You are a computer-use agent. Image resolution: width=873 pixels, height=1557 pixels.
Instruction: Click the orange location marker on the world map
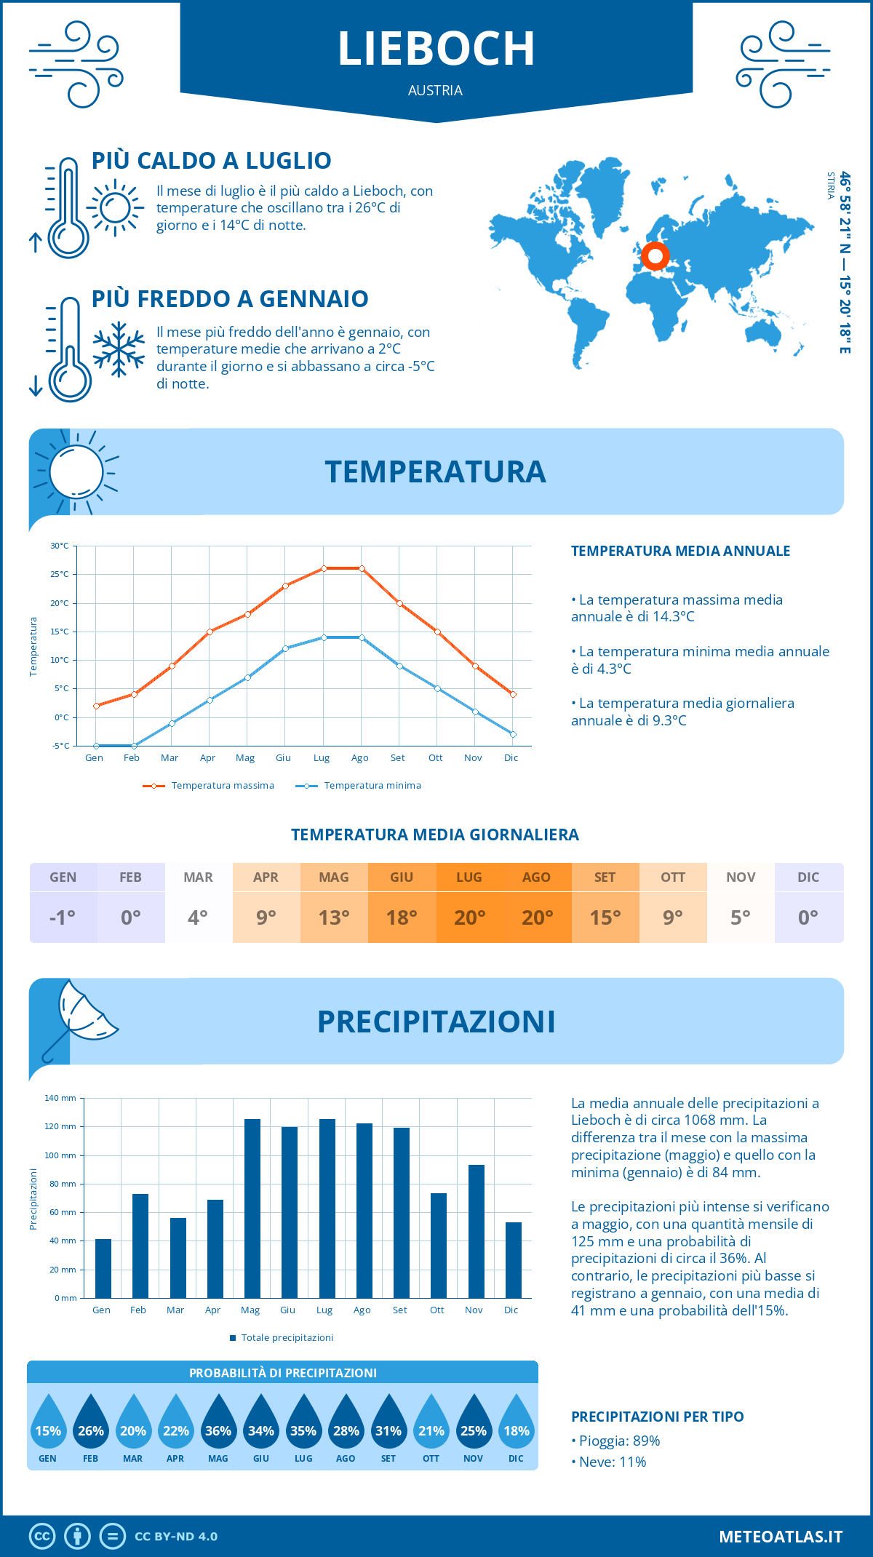[x=655, y=256]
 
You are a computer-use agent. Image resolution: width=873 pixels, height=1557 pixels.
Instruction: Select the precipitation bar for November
[x=476, y=1231]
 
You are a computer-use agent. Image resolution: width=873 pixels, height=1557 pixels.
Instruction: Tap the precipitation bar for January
[x=103, y=1268]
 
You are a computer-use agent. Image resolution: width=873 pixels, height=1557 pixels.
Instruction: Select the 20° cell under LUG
[x=469, y=917]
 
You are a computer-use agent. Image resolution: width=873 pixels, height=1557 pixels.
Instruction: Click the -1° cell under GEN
[x=63, y=917]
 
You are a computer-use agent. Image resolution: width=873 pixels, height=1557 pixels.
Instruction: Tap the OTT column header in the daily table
[x=673, y=877]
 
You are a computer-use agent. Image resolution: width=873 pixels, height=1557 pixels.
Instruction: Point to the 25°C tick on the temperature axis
[x=60, y=574]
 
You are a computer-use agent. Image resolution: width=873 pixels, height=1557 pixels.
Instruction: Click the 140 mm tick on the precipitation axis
[x=60, y=1098]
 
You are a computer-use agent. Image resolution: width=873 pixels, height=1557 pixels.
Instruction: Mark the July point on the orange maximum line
[x=324, y=568]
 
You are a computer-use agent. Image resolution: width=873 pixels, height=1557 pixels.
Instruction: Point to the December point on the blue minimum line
[x=513, y=734]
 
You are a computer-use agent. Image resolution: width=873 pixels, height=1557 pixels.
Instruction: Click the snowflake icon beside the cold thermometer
[x=119, y=349]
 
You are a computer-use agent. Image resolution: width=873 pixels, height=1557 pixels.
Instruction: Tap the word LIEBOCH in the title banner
[x=436, y=49]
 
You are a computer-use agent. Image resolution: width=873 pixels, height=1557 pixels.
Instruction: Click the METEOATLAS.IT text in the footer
[x=781, y=1536]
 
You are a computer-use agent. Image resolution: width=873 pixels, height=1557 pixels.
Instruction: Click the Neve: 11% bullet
[x=609, y=1462]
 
